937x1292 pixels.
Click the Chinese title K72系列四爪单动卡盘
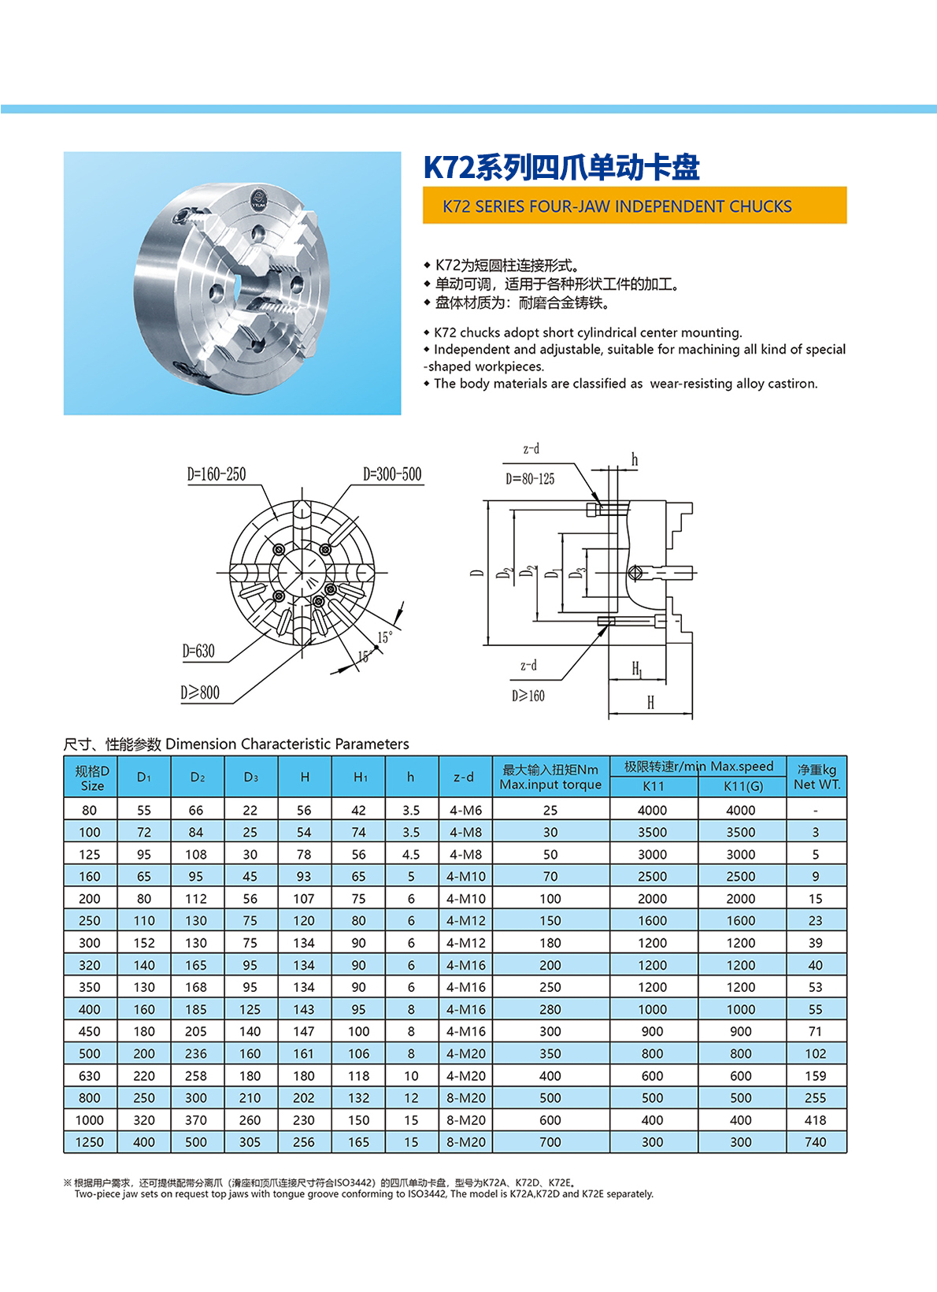tap(561, 167)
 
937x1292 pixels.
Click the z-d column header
tap(464, 777)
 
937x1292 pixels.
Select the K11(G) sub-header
tap(743, 786)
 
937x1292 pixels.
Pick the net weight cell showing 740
tap(816, 1142)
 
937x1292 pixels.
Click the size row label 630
tap(90, 1076)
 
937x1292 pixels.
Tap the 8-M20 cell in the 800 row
tap(466, 1098)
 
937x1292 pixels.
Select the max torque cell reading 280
tap(550, 1010)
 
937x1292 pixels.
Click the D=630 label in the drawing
tap(198, 651)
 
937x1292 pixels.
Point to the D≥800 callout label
tap(200, 693)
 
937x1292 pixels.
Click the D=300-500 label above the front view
tap(392, 474)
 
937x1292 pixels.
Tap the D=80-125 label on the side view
tap(530, 479)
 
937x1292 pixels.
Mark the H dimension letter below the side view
tap(650, 703)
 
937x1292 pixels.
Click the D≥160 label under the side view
tap(528, 696)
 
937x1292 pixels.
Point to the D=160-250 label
tap(217, 474)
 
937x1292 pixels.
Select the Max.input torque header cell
tap(550, 777)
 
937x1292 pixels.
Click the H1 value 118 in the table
tap(359, 1076)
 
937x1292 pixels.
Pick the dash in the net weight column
tap(816, 811)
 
